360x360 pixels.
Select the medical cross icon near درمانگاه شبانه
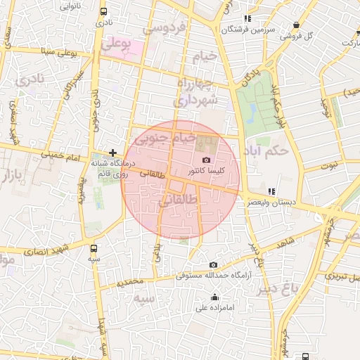(x=112, y=152)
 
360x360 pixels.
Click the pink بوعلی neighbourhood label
(x=116, y=44)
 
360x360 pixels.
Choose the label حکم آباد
(x=270, y=150)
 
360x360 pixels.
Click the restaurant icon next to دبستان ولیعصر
(x=271, y=191)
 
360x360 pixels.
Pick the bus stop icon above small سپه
(x=94, y=247)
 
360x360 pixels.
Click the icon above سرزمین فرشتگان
(x=247, y=18)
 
